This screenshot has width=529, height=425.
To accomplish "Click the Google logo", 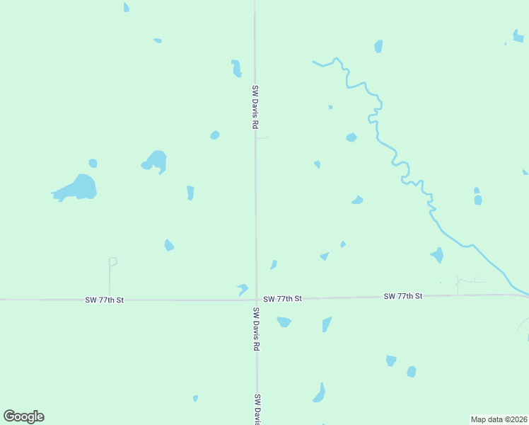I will click(24, 416).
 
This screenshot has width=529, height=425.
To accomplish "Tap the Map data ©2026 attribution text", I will click(499, 419).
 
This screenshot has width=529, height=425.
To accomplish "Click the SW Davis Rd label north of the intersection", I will click(255, 106).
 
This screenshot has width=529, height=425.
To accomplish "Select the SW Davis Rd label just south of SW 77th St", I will click(257, 329).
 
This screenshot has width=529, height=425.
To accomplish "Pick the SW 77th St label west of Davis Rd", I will click(105, 300).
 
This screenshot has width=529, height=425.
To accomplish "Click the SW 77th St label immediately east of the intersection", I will click(282, 299).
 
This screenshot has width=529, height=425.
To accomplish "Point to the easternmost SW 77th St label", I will click(403, 295).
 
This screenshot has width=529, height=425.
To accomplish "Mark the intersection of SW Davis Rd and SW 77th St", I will click(256, 300).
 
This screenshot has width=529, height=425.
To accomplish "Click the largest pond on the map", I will click(80, 188).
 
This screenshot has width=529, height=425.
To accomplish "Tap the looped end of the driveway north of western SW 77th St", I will click(112, 261).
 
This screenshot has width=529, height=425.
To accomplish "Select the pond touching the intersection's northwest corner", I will click(243, 289).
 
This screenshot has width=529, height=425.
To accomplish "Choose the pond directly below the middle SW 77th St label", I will click(284, 322).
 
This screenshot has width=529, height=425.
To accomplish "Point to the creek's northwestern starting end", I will click(313, 62).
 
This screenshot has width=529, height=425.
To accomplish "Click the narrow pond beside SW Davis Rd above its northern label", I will click(236, 68).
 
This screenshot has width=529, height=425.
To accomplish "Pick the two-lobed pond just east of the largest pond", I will click(156, 161).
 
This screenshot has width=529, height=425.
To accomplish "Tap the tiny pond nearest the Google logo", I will click(195, 398).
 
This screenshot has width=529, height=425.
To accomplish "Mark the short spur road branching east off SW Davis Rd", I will click(262, 138).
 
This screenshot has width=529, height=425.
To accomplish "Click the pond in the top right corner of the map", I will click(518, 35).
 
